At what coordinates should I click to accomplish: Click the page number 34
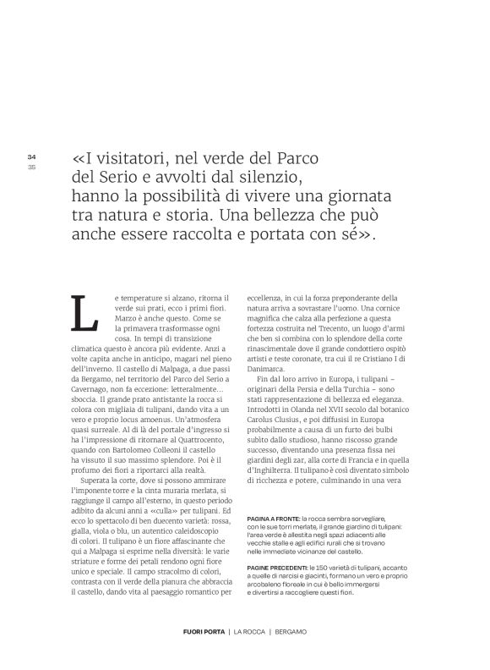click(x=31, y=157)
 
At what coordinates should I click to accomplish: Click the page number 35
click(x=31, y=165)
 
